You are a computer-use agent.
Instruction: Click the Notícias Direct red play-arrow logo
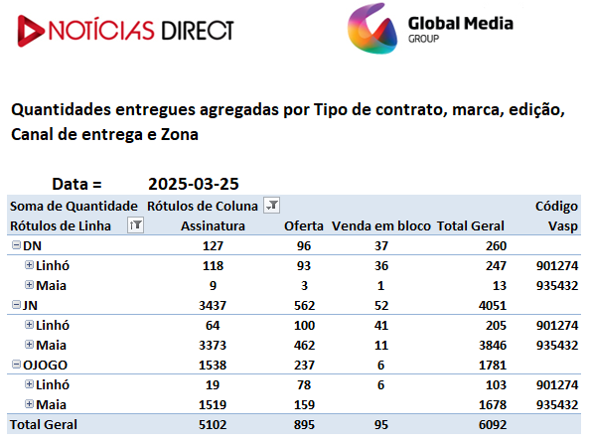[x=31, y=31]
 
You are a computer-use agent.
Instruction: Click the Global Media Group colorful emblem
[x=372, y=29]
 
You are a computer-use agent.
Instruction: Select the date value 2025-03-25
[x=194, y=184]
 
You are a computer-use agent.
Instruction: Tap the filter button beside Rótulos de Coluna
[x=271, y=206]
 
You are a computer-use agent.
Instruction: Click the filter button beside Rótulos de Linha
[x=135, y=225]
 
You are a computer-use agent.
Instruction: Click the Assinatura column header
[x=213, y=225]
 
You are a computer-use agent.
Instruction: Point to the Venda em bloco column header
[x=381, y=225]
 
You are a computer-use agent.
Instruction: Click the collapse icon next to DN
[x=16, y=245]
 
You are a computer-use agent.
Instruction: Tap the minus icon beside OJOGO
[x=16, y=365]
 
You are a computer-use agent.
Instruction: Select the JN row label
[x=30, y=305]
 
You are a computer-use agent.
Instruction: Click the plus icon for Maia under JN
[x=29, y=345]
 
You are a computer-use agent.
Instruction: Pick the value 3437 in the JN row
[x=213, y=305]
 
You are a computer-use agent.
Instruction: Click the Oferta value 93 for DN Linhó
[x=304, y=266]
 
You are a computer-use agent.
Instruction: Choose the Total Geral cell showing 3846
[x=493, y=346]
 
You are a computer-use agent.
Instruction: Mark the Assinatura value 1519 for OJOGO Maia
[x=213, y=405]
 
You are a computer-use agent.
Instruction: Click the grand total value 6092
[x=493, y=425]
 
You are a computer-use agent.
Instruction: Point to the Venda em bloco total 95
[x=381, y=425]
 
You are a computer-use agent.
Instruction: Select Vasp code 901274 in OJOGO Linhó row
[x=557, y=385]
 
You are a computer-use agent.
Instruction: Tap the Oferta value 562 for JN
[x=304, y=305]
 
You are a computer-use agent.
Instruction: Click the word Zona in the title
[x=180, y=135]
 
